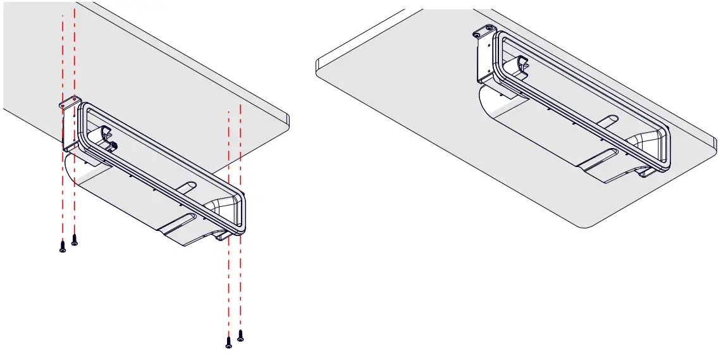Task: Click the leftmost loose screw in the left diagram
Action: [x=62, y=247]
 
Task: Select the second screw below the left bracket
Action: [x=75, y=240]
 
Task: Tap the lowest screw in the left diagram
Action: [x=228, y=342]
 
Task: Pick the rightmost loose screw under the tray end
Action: [x=240, y=335]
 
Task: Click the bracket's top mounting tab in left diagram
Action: [x=68, y=101]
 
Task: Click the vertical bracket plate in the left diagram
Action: [x=66, y=127]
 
